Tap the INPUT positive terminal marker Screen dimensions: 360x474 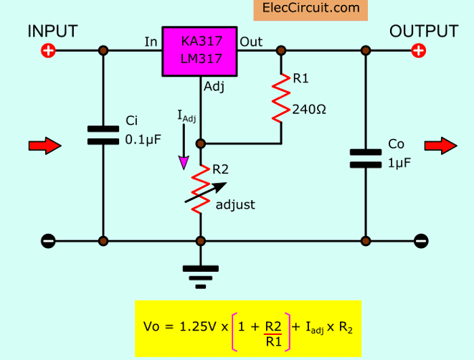click(47, 51)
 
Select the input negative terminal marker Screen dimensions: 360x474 click(47, 241)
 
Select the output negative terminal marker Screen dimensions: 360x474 click(421, 241)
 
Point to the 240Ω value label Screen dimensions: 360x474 click(310, 110)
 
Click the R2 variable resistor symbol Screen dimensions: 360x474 click(202, 188)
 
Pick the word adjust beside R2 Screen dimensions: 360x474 click(235, 204)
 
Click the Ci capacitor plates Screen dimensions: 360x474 click(104, 135)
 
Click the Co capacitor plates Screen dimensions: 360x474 click(366, 158)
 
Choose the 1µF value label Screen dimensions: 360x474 click(399, 163)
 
